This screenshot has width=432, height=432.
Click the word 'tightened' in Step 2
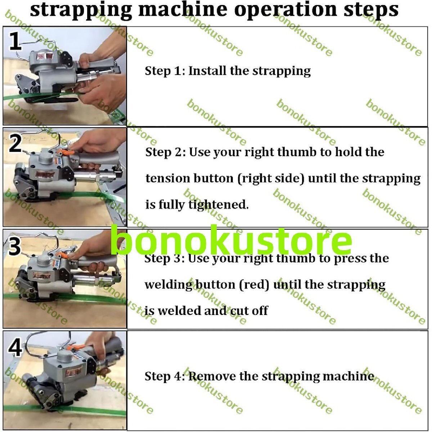[219, 205]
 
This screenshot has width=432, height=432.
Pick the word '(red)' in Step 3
[254, 285]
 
